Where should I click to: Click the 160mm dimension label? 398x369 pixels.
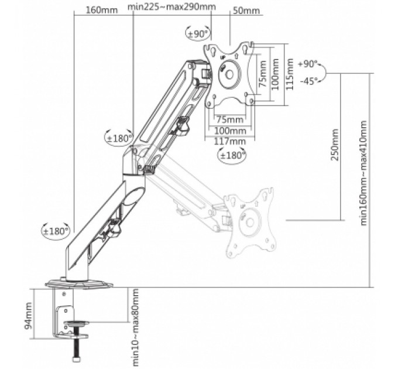click(98, 10)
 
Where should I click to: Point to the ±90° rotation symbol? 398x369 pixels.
click(198, 33)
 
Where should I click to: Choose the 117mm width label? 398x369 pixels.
click(229, 141)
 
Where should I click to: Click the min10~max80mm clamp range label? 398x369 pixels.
click(135, 327)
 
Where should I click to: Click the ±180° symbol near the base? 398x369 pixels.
click(56, 230)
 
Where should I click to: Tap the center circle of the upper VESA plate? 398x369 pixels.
click(228, 73)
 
